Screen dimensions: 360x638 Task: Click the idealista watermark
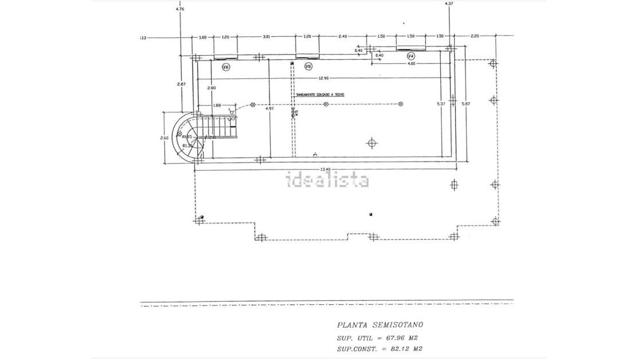(x=328, y=181)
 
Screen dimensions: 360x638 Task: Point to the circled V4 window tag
(x=410, y=56)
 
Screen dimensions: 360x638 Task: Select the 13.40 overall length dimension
(x=325, y=169)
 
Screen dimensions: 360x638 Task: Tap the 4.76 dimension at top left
(x=180, y=9)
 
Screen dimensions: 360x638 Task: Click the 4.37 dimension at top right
(x=449, y=3)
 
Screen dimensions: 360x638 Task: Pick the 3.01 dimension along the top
(x=266, y=36)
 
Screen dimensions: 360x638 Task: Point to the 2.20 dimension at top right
(x=474, y=36)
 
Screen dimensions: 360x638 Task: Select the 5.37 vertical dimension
(x=441, y=104)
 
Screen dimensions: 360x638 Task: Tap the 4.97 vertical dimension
(x=269, y=108)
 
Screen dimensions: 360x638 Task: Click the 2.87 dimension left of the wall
(x=181, y=84)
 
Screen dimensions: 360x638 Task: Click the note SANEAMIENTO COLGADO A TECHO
(x=321, y=94)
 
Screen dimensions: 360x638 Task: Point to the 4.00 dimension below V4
(x=411, y=63)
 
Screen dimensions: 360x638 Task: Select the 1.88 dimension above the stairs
(x=217, y=105)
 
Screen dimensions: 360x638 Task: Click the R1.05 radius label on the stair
(x=186, y=137)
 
